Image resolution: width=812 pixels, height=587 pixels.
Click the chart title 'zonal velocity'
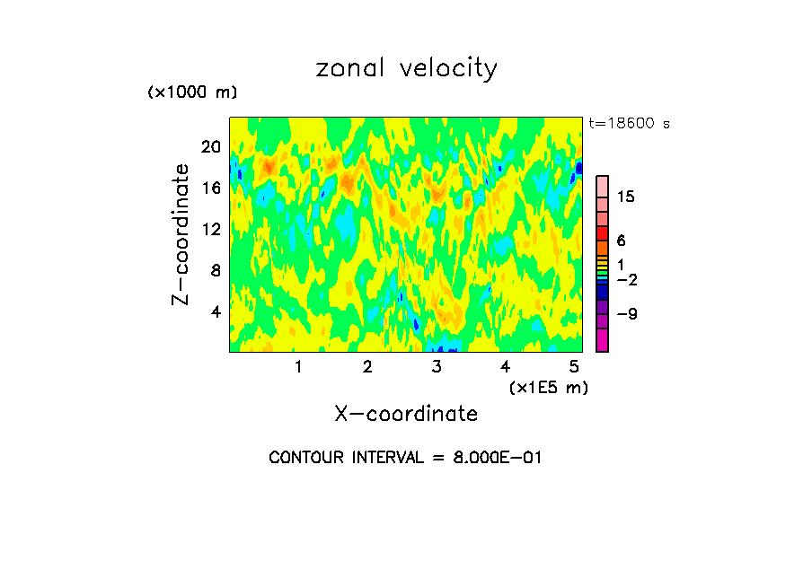(406, 68)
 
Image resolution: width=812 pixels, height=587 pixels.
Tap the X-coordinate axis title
(406, 414)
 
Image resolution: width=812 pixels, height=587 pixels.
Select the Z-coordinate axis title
(181, 234)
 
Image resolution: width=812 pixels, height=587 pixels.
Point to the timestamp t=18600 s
(629, 124)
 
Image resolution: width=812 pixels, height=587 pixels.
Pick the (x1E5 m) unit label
(548, 388)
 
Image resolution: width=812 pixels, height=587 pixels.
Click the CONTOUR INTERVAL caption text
(406, 458)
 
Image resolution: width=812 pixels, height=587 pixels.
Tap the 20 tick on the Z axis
(210, 146)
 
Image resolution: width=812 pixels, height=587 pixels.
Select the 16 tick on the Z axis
(210, 188)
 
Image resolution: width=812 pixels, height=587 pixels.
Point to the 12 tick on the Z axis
(210, 229)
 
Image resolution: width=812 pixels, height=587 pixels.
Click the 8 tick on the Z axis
(215, 270)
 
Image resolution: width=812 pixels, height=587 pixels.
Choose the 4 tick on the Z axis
(215, 311)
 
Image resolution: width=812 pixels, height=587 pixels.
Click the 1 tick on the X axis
(298, 366)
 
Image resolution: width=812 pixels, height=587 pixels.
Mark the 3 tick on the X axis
(437, 366)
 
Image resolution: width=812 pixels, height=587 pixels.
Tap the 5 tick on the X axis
(575, 366)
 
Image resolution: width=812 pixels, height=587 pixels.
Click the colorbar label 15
(626, 197)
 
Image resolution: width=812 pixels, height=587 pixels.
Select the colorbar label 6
(621, 241)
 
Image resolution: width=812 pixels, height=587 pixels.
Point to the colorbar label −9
(627, 314)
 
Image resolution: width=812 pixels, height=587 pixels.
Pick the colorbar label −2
(627, 280)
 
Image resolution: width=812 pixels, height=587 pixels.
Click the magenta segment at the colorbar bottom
(602, 340)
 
